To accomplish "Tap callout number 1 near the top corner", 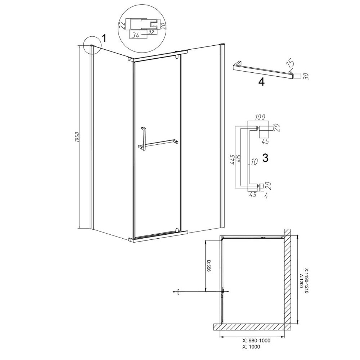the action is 104,38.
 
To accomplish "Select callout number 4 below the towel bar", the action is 261,82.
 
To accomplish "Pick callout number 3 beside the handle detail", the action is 265,158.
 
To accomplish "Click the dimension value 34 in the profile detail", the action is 136,36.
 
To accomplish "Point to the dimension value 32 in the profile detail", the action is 150,32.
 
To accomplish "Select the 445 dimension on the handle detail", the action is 233,159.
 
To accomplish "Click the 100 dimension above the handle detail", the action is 260,117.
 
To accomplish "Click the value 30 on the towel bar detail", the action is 305,76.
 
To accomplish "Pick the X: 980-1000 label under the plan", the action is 256,341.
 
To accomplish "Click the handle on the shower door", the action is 143,139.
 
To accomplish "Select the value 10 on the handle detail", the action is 254,162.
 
